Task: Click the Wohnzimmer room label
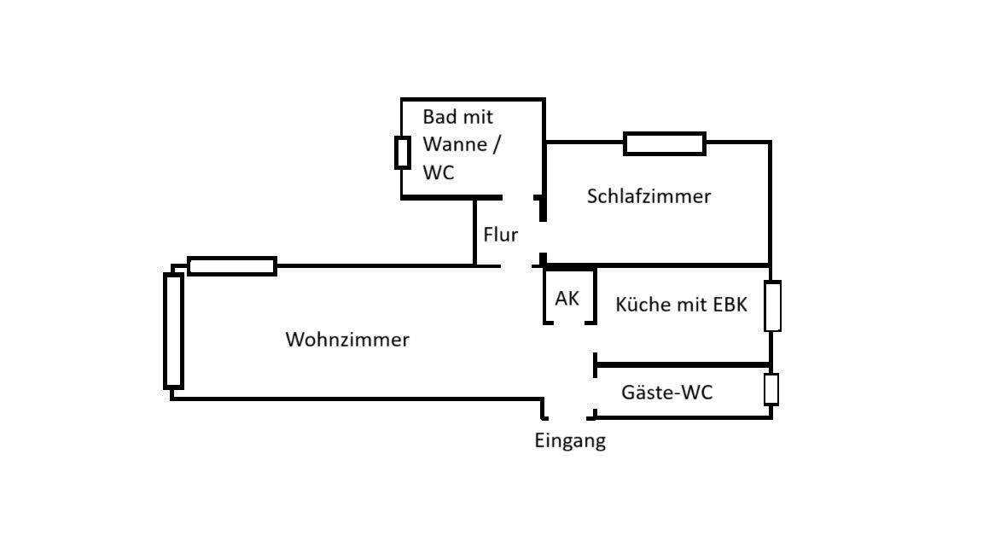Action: click(x=346, y=340)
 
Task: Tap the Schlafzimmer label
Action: click(x=649, y=196)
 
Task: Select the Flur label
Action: click(x=501, y=235)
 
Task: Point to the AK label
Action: click(x=567, y=299)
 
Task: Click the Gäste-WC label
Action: click(x=666, y=393)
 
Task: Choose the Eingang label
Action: click(x=570, y=441)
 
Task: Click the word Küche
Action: click(x=643, y=305)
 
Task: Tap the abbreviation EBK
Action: click(x=730, y=305)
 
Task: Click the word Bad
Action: click(x=439, y=117)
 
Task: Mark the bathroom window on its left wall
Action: click(x=402, y=152)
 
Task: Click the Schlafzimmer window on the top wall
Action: click(x=665, y=143)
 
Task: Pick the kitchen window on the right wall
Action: click(x=772, y=306)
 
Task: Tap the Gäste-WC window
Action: click(x=771, y=389)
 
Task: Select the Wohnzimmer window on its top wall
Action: click(x=232, y=266)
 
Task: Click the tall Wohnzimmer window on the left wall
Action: click(x=173, y=331)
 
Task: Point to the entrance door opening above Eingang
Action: click(x=568, y=417)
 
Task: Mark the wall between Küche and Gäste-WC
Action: click(x=683, y=364)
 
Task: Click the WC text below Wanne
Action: click(x=439, y=172)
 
